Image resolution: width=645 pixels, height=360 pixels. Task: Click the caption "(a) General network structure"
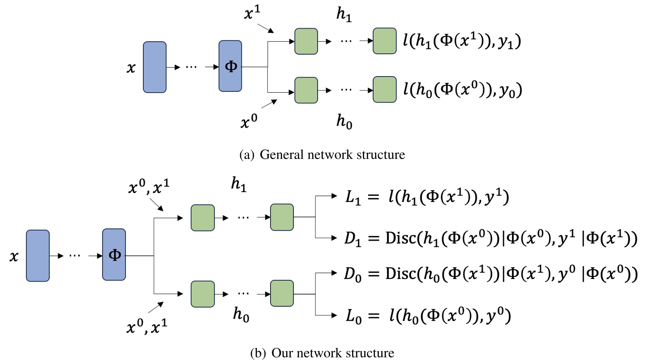click(322, 155)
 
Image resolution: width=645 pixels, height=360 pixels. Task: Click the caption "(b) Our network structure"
click(322, 352)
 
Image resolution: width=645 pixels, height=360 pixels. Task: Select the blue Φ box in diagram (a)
click(230, 67)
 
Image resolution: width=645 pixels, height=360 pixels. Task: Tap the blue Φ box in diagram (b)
click(114, 255)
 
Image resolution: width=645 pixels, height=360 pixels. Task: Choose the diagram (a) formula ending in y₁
click(463, 42)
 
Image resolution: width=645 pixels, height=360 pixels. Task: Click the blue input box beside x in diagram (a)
click(155, 67)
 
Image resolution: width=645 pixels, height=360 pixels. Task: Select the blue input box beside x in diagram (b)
click(38, 255)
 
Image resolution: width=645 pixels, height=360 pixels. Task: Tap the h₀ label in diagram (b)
click(241, 316)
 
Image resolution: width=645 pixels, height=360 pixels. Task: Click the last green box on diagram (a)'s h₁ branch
click(385, 41)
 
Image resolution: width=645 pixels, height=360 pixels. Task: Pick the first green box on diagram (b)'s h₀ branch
click(202, 293)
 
